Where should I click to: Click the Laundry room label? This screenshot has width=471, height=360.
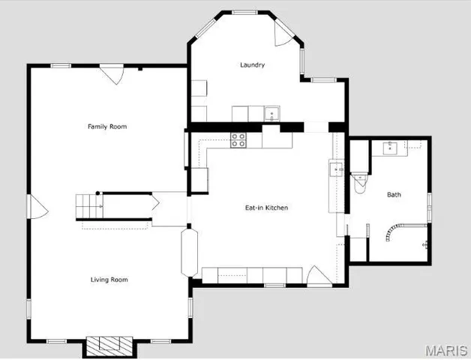click(x=252, y=65)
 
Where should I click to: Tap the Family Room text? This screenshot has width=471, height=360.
click(x=107, y=127)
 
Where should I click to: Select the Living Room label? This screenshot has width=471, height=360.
click(x=109, y=280)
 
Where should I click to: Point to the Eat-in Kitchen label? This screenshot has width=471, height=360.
click(x=266, y=208)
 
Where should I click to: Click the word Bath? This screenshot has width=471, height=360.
click(x=394, y=195)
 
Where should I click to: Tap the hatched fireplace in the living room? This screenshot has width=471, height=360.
click(x=109, y=346)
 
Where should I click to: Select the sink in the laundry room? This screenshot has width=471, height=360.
click(x=273, y=114)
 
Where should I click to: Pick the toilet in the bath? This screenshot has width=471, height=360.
click(x=360, y=181)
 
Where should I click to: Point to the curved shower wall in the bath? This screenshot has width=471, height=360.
click(x=391, y=232)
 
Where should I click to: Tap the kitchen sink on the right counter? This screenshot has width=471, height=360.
click(x=334, y=169)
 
